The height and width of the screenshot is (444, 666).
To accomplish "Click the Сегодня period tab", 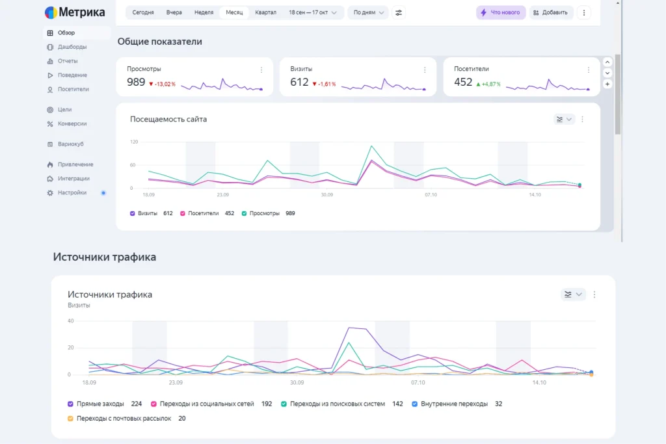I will pos(143,12).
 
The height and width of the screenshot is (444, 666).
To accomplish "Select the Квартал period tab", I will pos(265,12).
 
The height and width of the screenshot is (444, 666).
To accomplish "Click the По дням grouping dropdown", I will pos(369,12).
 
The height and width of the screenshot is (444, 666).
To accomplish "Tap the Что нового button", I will pos(501,12).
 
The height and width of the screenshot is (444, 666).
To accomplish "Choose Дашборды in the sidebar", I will pos(72,47).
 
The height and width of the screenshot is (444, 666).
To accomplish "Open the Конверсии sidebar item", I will pos(72,124).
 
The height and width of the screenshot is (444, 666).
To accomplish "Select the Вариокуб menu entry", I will pos(70,144).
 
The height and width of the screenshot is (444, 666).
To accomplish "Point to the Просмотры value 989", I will pos(136,82).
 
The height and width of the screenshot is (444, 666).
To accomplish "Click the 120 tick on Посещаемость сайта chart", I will pos(134,142).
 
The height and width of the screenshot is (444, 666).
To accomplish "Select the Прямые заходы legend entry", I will pos(100,404).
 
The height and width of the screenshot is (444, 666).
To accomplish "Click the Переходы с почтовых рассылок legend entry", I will pos(124,419).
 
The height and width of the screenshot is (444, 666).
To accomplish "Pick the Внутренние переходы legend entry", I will pos(454,404).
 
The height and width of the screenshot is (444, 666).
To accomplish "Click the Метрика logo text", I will pos(83,12).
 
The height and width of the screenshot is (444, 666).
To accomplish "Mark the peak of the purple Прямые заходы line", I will pos(351,328).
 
